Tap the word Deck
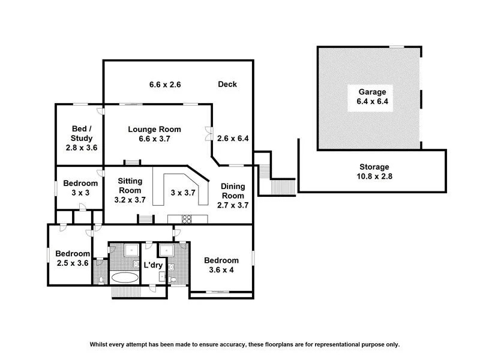(227, 85)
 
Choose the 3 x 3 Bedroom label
(80, 188)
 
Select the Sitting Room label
(129, 190)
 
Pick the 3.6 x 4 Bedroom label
(221, 265)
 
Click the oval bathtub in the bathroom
(124, 278)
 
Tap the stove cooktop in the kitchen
(185, 219)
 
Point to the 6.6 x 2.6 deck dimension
(165, 85)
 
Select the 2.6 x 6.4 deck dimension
(233, 139)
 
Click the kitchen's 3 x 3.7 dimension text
(184, 193)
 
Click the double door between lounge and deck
(208, 133)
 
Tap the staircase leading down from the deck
(277, 186)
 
